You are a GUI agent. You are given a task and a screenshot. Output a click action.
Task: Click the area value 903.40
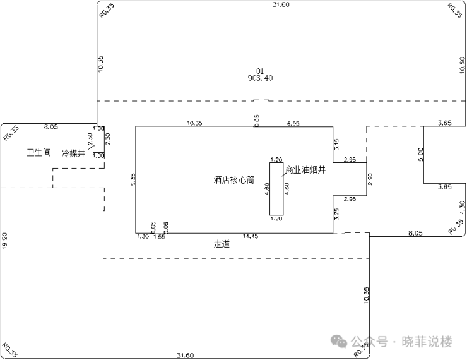tap(261, 78)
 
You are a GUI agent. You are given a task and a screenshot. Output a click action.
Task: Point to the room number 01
tap(259, 71)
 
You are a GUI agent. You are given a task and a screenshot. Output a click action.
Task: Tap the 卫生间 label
tap(39, 153)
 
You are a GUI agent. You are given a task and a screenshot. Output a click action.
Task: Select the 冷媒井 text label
tap(73, 153)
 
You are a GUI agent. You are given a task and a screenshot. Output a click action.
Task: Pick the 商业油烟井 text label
tap(305, 170)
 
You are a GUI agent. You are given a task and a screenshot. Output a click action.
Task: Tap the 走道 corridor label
tap(222, 243)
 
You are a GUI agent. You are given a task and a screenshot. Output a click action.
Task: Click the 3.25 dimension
tap(337, 213)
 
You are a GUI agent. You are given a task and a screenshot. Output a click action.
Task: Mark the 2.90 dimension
tap(370, 179)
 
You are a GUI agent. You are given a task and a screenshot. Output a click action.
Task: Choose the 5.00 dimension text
tap(421, 154)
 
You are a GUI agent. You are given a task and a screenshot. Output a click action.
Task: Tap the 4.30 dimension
tap(462, 207)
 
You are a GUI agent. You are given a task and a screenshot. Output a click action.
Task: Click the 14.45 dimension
tap(251, 237)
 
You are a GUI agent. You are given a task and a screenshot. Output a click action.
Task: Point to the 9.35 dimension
tap(133, 180)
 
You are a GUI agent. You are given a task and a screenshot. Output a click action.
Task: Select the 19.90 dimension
tap(5, 241)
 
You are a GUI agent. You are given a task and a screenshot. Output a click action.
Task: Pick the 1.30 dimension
tap(143, 237)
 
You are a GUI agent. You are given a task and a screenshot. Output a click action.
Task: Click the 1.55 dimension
tap(159, 237)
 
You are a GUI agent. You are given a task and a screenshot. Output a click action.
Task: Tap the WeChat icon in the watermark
tap(340, 342)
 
